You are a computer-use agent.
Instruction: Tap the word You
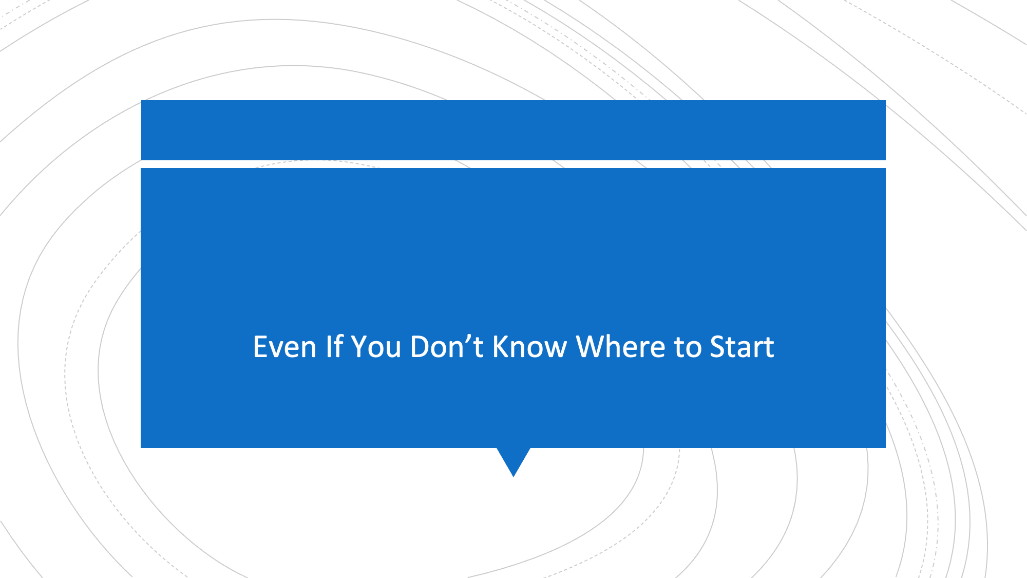point(376,347)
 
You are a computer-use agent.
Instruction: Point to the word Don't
point(447,347)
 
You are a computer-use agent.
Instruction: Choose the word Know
point(529,347)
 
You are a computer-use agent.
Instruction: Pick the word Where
point(621,347)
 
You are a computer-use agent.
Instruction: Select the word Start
point(742,347)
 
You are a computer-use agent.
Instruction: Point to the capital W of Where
point(591,347)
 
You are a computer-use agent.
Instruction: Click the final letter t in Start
point(769,348)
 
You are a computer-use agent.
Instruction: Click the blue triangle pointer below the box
point(513,460)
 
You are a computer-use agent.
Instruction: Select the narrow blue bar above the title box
point(513,130)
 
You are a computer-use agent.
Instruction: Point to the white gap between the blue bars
point(513,164)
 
